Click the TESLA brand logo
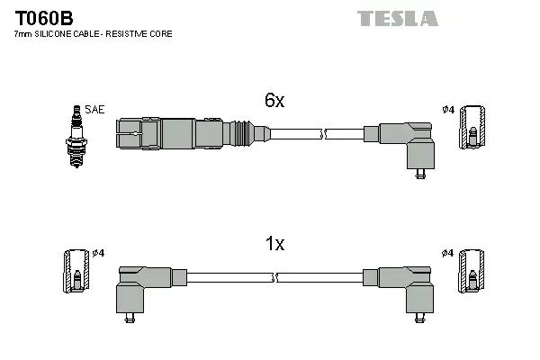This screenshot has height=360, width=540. point(397,18)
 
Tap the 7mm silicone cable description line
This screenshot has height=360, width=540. point(93,34)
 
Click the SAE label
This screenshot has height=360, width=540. point(94,110)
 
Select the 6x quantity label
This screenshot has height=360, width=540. point(274,102)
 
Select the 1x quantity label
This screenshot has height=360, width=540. point(274,244)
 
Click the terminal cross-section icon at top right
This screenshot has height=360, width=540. point(472,130)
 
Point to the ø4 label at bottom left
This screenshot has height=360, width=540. point(99,253)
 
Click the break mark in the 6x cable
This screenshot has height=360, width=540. point(325,134)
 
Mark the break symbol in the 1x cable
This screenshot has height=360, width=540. point(274,278)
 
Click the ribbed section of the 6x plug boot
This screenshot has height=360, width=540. point(241,132)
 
